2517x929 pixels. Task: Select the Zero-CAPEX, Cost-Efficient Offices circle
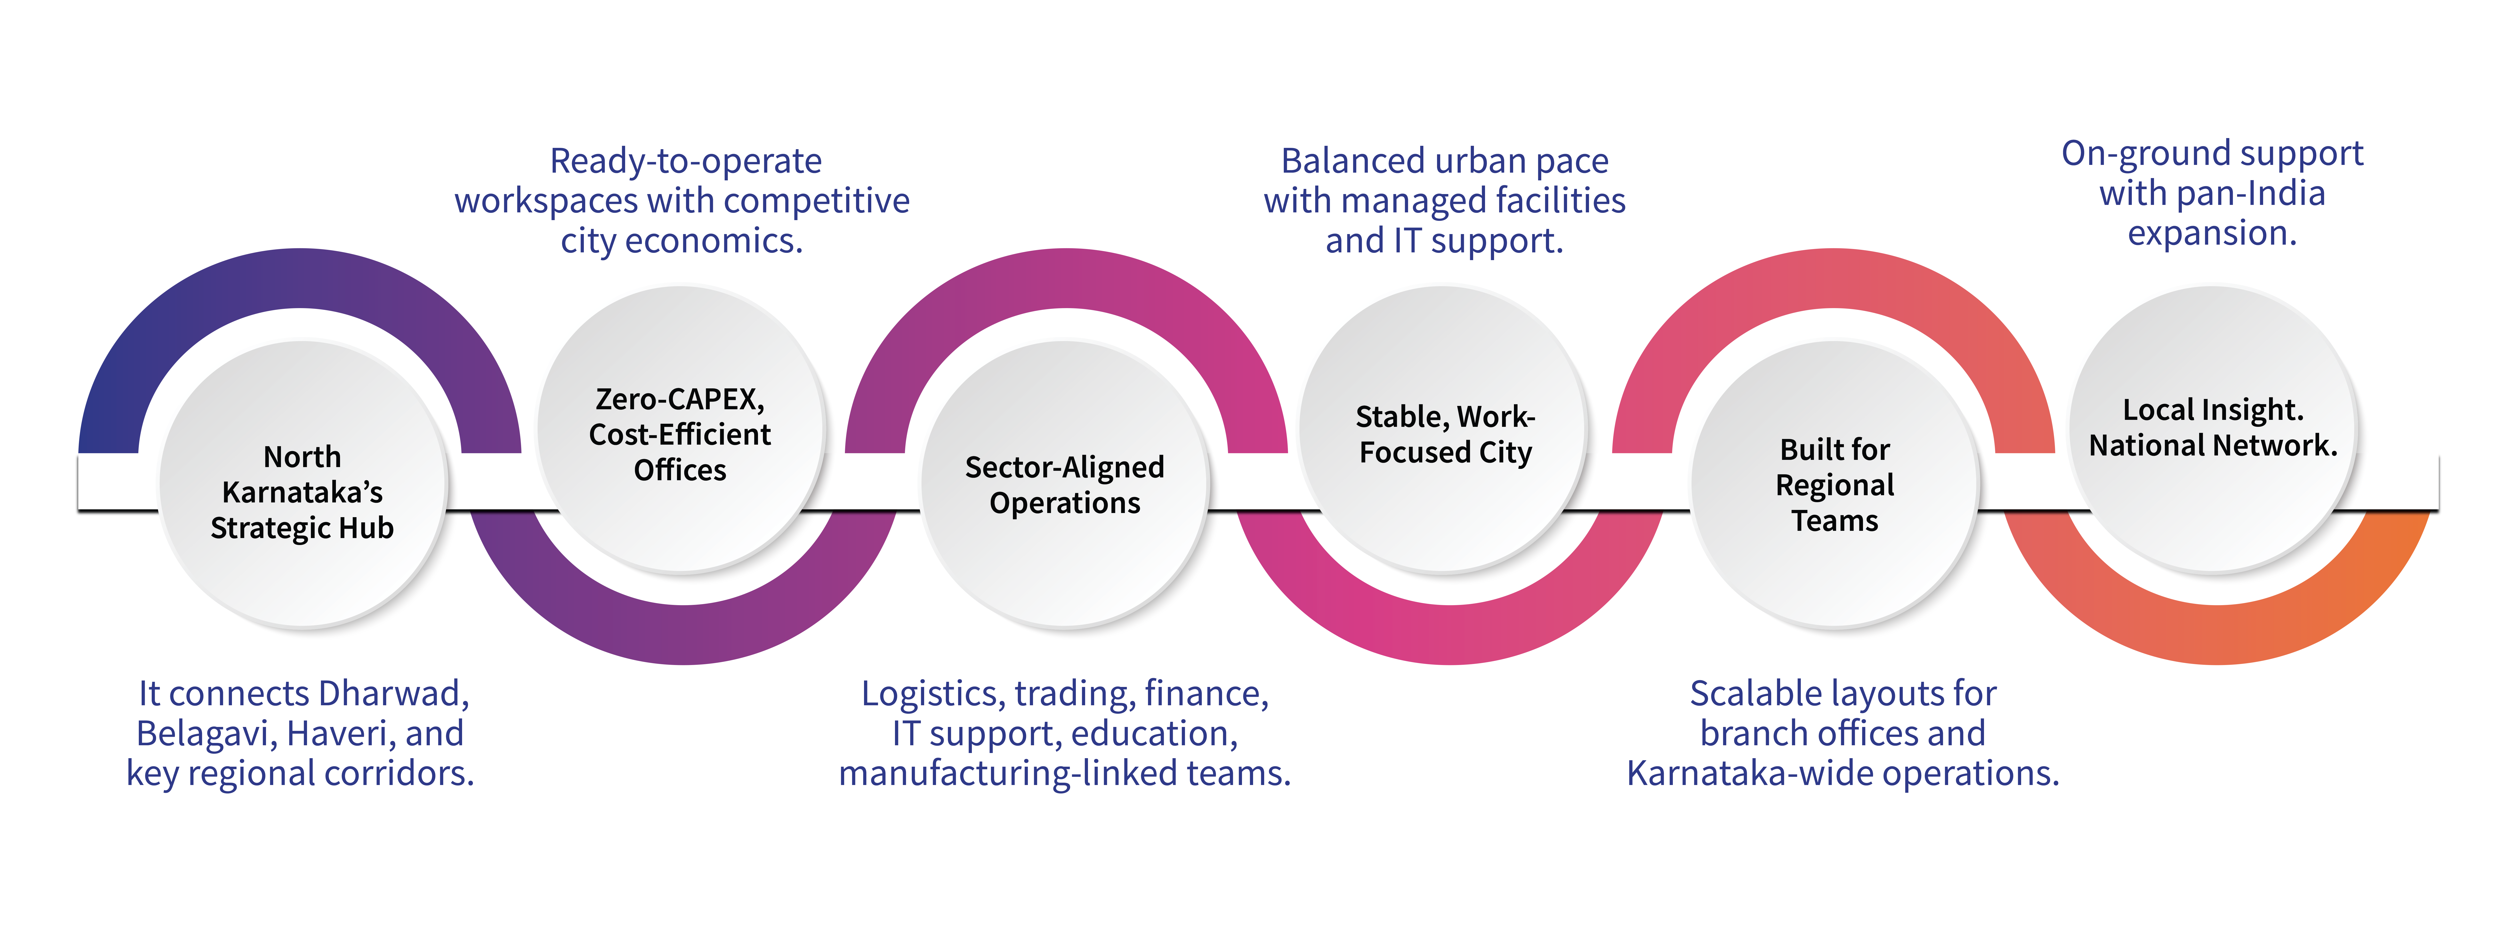pos(681,430)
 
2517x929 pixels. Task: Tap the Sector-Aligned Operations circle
pos(1064,485)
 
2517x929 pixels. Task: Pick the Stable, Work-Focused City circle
pos(1444,430)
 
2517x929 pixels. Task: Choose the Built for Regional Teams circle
pos(1834,485)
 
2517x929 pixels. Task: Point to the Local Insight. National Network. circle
pos(2213,430)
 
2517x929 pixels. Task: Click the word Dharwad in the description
pos(394,694)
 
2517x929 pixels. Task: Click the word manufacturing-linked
pos(1006,774)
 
